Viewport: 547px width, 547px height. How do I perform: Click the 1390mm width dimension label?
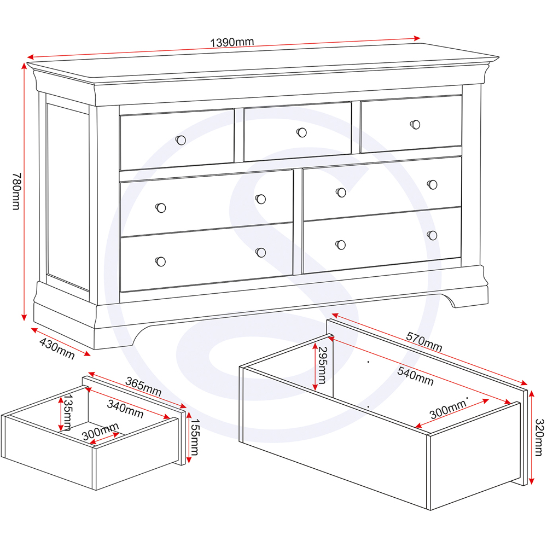pos(232,42)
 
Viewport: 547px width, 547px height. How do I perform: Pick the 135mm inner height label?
pos(68,413)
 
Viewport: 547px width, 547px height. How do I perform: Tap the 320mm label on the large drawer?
pos(538,437)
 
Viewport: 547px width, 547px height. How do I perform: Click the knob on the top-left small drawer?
pos(181,140)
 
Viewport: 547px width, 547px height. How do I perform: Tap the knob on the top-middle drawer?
pos(301,132)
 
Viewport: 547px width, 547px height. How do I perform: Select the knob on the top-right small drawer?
pos(415,124)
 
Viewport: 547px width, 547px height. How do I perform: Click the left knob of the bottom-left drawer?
pos(160,261)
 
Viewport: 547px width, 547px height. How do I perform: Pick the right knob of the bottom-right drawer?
pos(432,235)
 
